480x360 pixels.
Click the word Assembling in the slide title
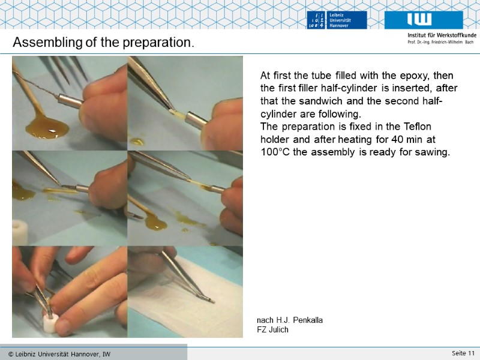click(x=47, y=42)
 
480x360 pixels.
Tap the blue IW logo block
click(x=424, y=20)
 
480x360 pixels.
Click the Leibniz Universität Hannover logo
click(x=337, y=20)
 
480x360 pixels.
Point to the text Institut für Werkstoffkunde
click(x=442, y=35)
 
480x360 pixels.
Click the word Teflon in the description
click(x=417, y=127)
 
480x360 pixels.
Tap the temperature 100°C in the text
click(x=275, y=152)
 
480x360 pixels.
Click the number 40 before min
click(x=397, y=139)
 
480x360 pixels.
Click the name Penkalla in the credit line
click(x=308, y=320)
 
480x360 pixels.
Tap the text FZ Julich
click(x=273, y=329)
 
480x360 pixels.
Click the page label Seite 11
click(x=463, y=353)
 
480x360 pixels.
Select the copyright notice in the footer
click(x=59, y=354)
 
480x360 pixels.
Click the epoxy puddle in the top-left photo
click(x=46, y=127)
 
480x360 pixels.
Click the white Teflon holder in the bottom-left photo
click(x=50, y=323)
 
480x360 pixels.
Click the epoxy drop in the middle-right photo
click(x=156, y=223)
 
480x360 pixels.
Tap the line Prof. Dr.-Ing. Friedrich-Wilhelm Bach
click(x=440, y=42)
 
